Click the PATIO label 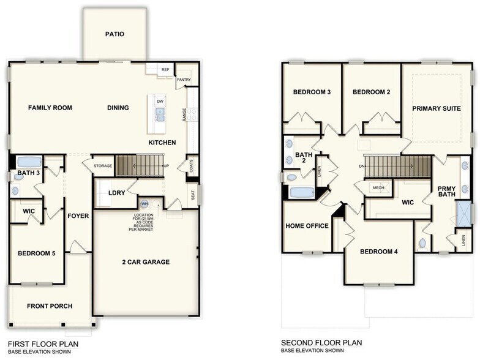point(114,34)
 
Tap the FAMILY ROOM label point(50,108)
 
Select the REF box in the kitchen point(165,70)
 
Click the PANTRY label point(184,80)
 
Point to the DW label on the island point(160,101)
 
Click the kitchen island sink point(160,114)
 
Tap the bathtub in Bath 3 point(28,163)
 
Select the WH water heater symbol point(145,204)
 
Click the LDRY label point(116,193)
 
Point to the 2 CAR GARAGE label point(145,262)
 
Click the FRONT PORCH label point(50,306)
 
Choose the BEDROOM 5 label point(37,253)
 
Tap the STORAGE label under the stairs point(103,166)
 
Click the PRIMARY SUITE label point(436,108)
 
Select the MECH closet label point(378,188)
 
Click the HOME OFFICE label point(307,226)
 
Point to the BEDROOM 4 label point(380,252)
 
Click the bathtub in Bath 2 point(302,192)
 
